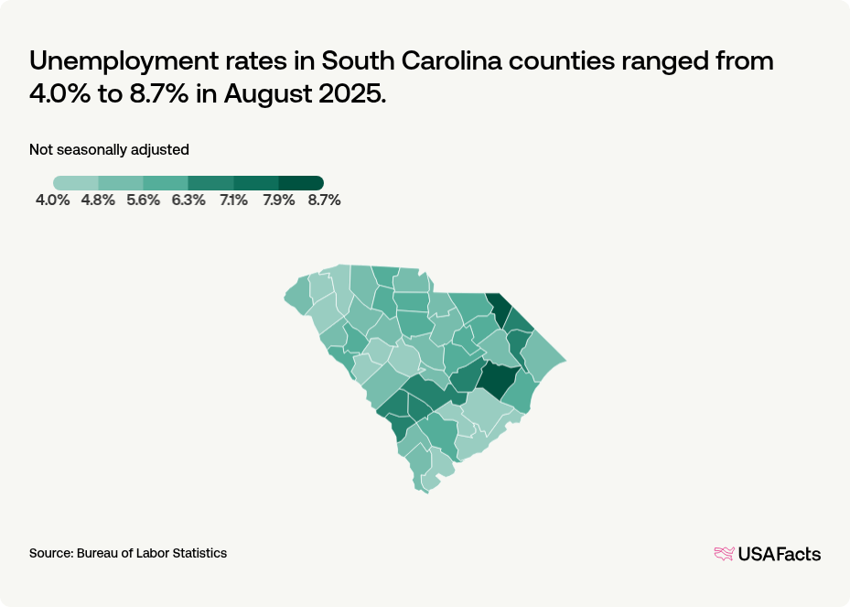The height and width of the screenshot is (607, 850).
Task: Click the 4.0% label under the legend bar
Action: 52,201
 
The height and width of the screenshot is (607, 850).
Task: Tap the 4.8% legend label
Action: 98,201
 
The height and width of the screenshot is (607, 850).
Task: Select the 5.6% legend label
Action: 143,201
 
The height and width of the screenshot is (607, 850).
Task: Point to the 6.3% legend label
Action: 188,201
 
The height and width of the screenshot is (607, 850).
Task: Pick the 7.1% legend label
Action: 233,201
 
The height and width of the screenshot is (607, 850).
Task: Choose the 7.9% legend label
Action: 278,201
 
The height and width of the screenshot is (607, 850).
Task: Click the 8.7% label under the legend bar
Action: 324,201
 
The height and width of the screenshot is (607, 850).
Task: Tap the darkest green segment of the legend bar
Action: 301,183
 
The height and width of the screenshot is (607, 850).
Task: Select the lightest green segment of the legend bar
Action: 76,183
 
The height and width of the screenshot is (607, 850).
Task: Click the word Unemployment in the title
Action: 120,62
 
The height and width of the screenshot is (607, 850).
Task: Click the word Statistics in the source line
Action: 200,553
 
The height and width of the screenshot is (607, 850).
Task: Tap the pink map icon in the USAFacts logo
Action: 724,553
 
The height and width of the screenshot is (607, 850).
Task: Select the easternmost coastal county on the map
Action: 545,363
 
